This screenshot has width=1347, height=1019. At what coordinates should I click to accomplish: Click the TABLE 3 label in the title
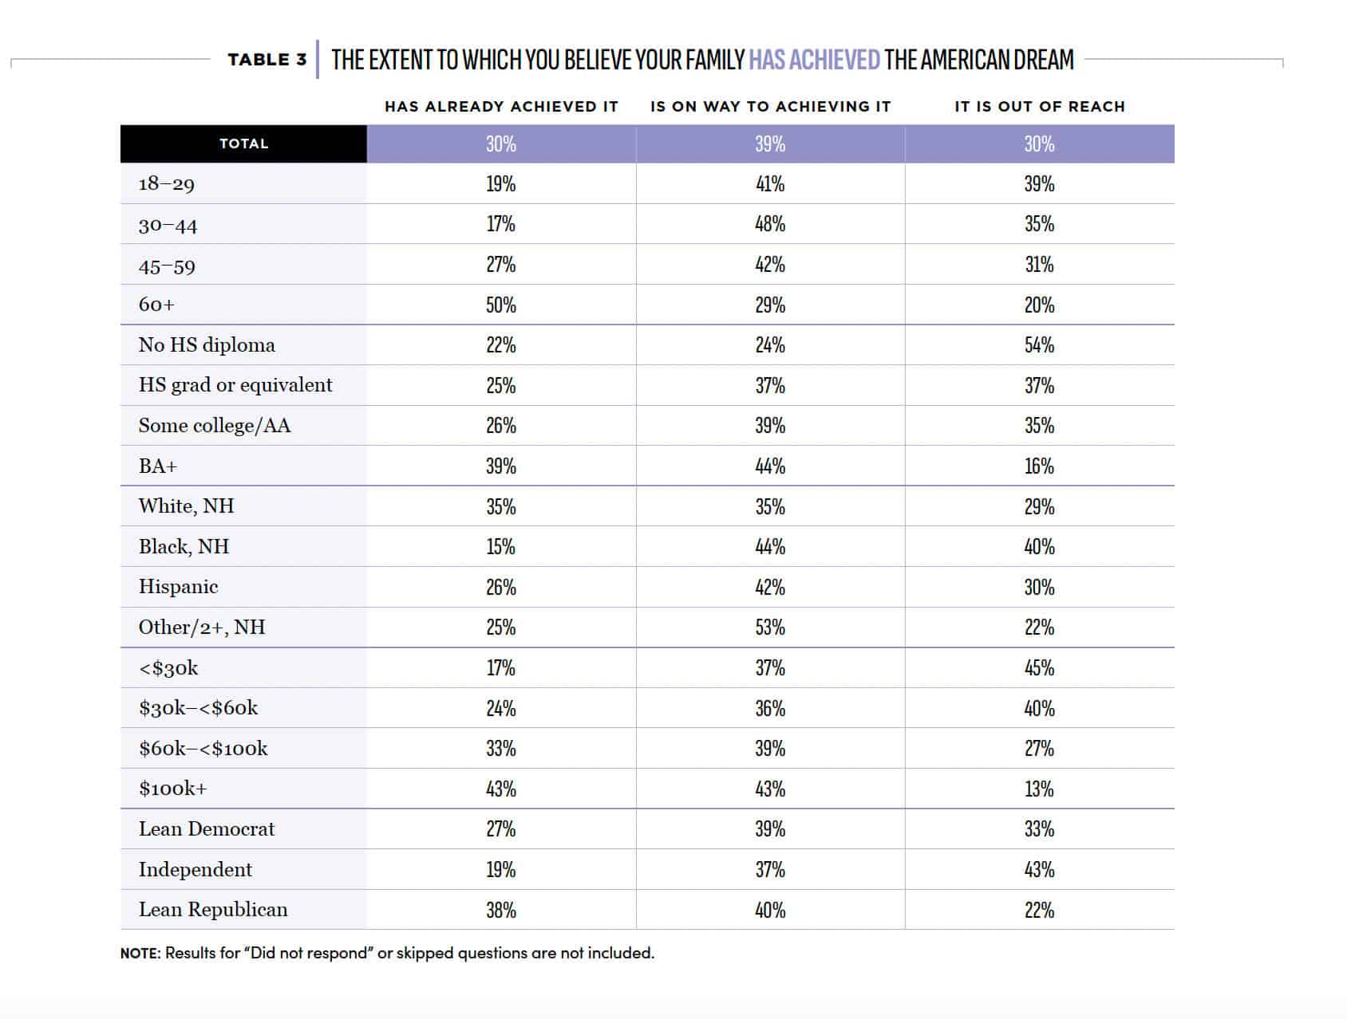267,60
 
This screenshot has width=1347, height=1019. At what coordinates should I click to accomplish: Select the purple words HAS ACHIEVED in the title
814,60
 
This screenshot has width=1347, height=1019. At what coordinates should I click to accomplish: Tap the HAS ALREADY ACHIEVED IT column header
501,107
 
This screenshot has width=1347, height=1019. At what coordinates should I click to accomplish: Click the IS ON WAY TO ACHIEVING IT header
770,107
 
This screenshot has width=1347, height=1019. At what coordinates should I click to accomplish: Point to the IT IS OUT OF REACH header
1040,107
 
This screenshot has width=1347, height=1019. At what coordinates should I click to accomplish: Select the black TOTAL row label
244,144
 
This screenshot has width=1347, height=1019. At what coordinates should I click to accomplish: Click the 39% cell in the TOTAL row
770,144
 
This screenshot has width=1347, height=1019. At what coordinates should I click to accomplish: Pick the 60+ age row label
156,305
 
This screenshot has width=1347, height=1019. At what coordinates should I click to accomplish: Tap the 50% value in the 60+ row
501,305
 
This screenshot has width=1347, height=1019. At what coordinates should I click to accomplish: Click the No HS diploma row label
207,344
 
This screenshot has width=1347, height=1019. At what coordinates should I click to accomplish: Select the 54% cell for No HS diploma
1040,345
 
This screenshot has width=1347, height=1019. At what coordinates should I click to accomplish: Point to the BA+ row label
158,466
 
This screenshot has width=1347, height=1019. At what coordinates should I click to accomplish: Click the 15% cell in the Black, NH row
501,547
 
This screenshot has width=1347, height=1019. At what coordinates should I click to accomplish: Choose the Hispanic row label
178,587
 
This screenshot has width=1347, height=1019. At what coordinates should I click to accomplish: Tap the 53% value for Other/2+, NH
770,628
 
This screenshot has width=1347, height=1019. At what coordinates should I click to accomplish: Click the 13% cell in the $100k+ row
1040,789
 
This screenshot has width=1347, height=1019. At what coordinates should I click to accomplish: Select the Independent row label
196,869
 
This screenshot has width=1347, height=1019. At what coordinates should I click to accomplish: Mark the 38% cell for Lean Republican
501,911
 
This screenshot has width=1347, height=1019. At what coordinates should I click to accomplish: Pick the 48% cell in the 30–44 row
770,224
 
